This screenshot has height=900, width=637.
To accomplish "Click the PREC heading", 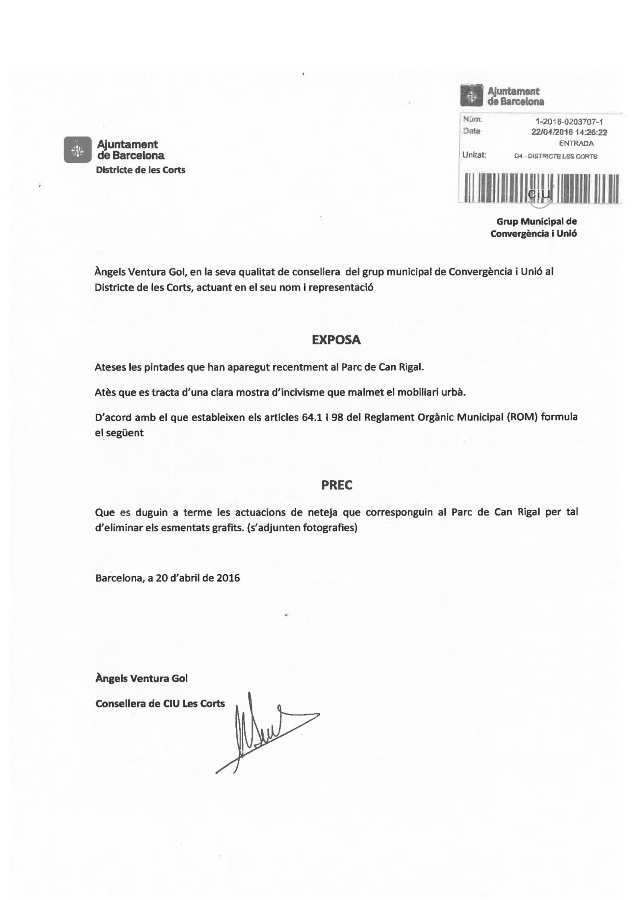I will pyautogui.click(x=337, y=485).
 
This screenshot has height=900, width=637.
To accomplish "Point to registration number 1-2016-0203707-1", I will pyautogui.click(x=569, y=122).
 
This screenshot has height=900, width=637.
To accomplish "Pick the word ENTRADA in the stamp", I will pyautogui.click(x=576, y=143).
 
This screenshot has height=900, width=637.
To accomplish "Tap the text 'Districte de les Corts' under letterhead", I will pyautogui.click(x=141, y=170).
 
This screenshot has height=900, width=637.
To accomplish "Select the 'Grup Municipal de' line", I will pyautogui.click(x=537, y=221).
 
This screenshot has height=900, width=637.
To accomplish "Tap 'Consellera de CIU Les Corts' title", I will pyautogui.click(x=160, y=704).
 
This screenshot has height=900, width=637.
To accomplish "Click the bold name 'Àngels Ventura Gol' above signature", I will pyautogui.click(x=142, y=679).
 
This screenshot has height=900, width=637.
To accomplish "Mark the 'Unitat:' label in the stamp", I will pyautogui.click(x=474, y=155).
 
